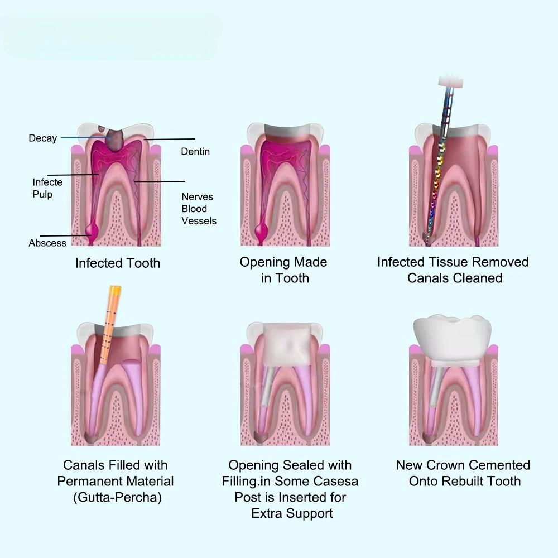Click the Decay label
coord(43,138)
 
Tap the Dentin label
coord(195,152)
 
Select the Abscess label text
coord(47,243)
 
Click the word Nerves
coord(197,197)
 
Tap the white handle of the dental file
coord(451,81)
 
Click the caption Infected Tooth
coord(117,263)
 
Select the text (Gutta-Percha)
coord(117,497)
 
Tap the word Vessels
coord(199,221)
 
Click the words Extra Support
coord(292,513)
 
